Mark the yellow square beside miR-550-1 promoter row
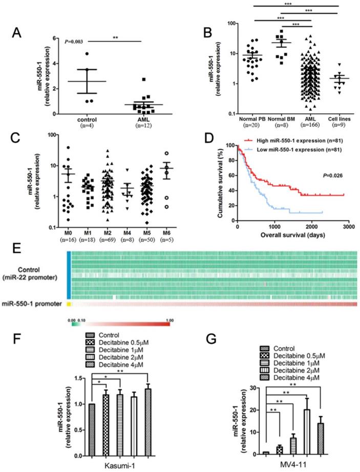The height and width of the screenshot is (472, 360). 69,304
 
